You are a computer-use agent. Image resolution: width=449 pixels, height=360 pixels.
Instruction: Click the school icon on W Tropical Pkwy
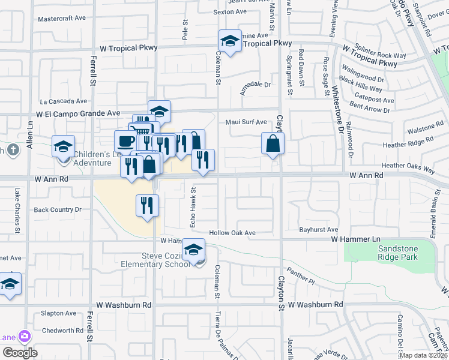[230, 41]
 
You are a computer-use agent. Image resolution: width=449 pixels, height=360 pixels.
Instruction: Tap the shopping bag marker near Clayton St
[273, 144]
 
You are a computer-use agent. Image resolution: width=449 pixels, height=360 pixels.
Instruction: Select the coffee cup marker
[125, 142]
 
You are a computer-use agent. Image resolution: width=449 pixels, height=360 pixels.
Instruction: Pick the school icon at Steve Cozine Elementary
[194, 250]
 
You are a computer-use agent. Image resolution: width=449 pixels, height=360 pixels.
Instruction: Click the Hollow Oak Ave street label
[232, 233]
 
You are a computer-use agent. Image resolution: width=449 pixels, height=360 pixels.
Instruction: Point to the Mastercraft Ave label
[62, 19]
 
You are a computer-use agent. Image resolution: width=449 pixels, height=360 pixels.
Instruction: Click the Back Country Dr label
[58, 209]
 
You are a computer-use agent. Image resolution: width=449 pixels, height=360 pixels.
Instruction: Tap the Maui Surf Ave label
[246, 122]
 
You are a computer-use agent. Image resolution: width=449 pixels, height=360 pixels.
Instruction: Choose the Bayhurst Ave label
[319, 229]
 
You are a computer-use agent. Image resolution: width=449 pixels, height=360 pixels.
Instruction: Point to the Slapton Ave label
[58, 313]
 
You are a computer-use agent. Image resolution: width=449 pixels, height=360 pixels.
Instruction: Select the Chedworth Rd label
[62, 331]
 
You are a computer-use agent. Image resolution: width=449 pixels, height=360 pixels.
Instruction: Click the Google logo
[20, 353]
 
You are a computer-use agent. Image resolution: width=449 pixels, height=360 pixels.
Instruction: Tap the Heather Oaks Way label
[408, 166]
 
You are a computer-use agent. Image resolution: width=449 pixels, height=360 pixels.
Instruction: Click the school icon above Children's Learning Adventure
[63, 146]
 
